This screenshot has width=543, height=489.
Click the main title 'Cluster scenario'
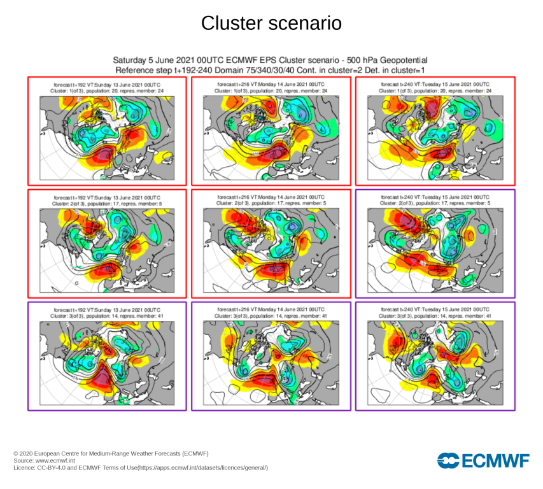(271, 24)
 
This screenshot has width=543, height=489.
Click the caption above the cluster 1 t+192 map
(107, 87)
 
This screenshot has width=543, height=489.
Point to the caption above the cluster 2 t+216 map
(271, 200)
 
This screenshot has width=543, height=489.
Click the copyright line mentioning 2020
(111, 453)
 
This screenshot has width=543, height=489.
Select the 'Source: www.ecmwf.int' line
(45, 460)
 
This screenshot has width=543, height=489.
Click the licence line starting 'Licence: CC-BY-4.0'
(141, 468)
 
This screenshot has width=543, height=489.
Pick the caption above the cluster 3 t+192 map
(107, 312)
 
